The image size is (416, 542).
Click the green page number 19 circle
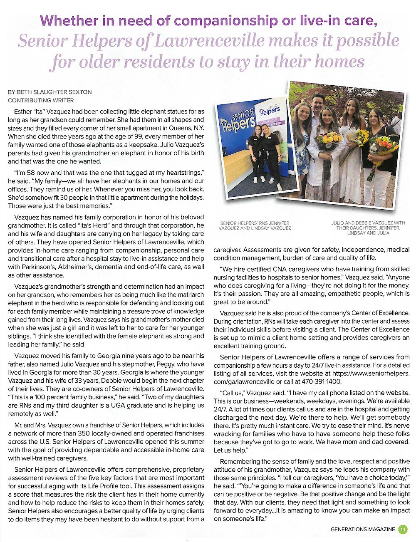(403, 530)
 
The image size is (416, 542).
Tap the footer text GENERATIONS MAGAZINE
(363, 530)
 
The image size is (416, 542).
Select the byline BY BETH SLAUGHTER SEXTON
(50, 92)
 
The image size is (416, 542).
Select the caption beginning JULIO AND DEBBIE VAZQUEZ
(368, 228)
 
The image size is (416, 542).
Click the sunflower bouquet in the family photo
(360, 137)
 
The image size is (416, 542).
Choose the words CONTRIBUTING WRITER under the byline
(41, 100)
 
